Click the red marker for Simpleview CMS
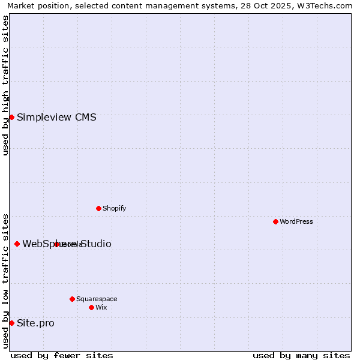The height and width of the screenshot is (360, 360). point(11,117)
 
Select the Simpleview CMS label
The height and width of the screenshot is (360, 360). point(56,117)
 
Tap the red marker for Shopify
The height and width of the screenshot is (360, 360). point(98,208)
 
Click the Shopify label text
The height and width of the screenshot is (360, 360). point(114,208)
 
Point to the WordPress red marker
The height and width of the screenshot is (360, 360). point(275,221)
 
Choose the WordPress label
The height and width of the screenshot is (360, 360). point(296,221)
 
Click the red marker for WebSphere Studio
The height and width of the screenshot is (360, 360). point(17,244)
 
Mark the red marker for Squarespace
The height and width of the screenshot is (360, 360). point(72,299)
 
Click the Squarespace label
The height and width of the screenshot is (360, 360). point(97,299)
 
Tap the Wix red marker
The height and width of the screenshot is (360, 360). point(91,307)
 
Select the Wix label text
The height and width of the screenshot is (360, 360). point(101,307)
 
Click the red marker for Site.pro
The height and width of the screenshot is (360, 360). point(11,323)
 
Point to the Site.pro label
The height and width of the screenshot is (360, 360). point(35,323)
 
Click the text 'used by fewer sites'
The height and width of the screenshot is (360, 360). point(62,355)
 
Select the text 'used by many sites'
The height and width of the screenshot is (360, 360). point(301,355)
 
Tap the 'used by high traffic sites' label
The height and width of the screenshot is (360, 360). point(5,85)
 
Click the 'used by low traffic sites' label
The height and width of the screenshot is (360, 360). point(5,281)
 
